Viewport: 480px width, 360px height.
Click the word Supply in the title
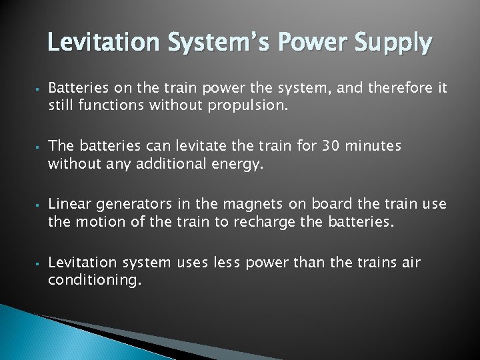click(394, 44)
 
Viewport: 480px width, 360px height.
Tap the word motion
click(95, 221)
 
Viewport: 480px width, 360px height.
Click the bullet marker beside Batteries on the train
click(39, 88)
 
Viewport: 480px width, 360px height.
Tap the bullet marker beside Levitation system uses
click(39, 263)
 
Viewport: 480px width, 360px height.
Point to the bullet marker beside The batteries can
click(39, 146)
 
